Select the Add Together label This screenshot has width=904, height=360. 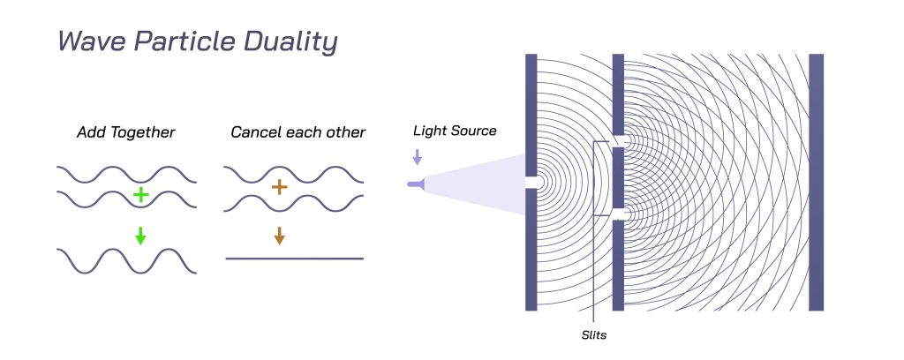[x=126, y=132]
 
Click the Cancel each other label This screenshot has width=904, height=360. [x=298, y=132]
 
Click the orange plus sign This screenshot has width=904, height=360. [x=279, y=187]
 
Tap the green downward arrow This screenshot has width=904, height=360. [x=139, y=236]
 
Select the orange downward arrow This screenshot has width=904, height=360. [x=279, y=236]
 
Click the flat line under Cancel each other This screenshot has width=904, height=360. [x=295, y=259]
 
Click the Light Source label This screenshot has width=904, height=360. [x=455, y=131]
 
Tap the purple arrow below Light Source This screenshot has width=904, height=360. [x=418, y=158]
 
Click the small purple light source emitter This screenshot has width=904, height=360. [x=415, y=184]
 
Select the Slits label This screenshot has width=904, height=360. [x=594, y=335]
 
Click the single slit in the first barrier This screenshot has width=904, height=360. [x=531, y=183]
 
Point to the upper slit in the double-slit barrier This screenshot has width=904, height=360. [x=618, y=141]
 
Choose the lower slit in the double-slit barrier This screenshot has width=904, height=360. [x=618, y=214]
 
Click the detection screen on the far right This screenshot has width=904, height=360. [x=816, y=182]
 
